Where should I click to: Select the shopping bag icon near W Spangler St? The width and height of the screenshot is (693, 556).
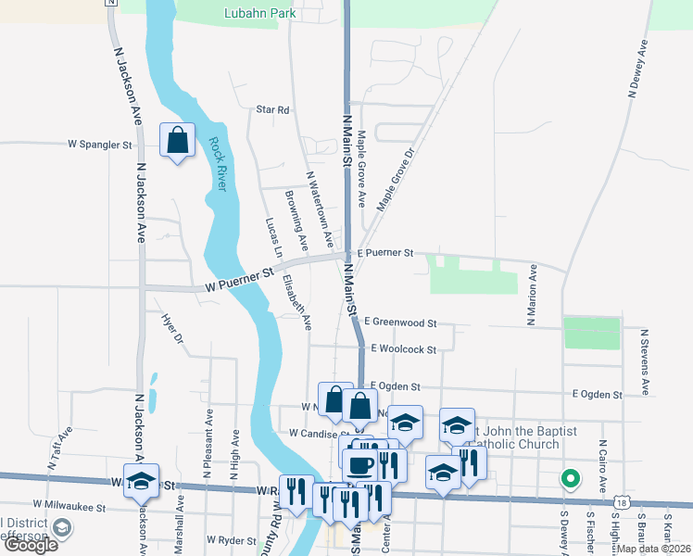coord(177,142)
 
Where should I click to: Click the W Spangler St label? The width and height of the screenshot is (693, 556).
coord(100,145)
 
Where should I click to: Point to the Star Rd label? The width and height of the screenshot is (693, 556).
coord(272,109)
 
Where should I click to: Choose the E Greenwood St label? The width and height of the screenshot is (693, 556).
coord(399,322)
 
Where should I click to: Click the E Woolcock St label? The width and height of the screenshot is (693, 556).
coord(403,349)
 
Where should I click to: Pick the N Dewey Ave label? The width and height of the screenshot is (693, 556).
coord(638,69)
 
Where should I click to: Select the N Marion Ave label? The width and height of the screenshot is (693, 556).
coord(532,296)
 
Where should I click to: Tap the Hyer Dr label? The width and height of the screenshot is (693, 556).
coord(172,330)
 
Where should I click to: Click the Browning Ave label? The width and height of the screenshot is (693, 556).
coord(296,212)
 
